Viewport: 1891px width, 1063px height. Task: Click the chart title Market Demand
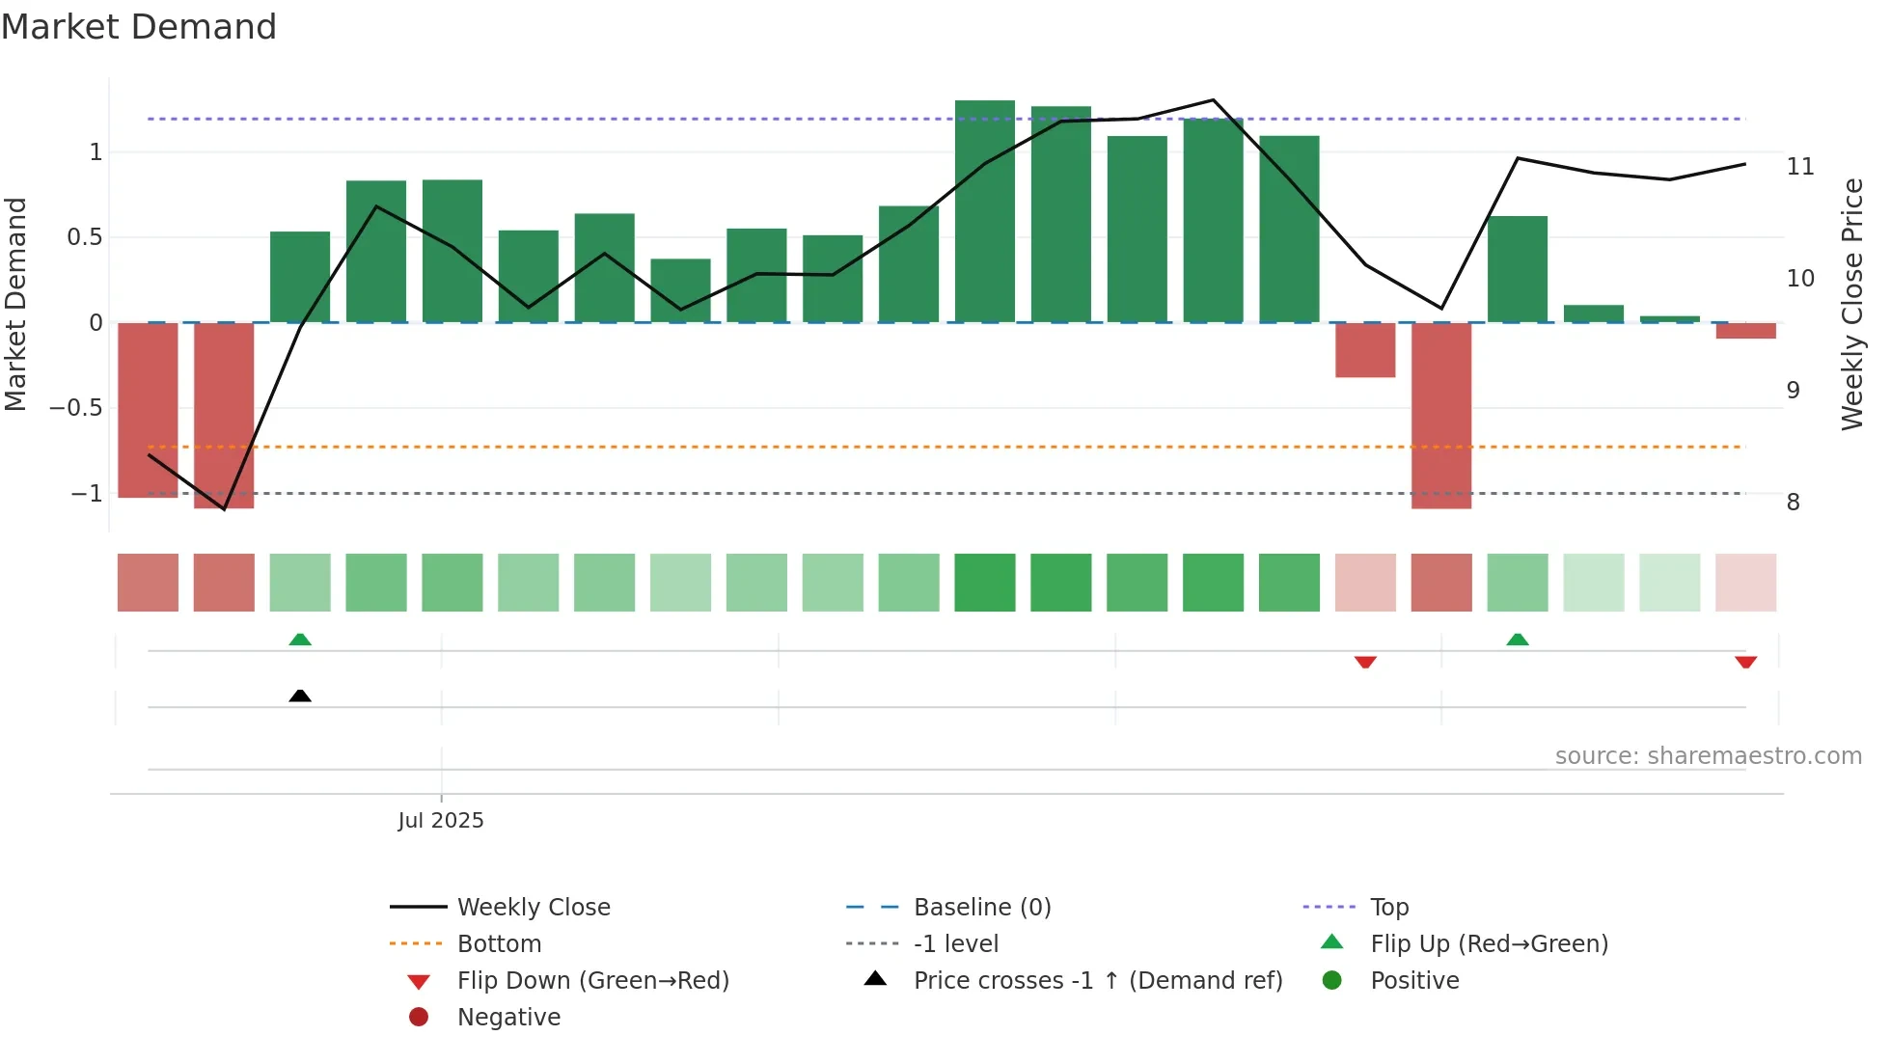139,27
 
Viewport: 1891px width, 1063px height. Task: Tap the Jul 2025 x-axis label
441,821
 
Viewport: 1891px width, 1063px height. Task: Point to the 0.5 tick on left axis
85,237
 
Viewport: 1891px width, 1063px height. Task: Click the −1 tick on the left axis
86,494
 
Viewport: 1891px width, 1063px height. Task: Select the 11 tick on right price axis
1800,167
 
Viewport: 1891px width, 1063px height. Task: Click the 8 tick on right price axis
1793,503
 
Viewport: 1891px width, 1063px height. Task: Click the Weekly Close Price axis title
1852,304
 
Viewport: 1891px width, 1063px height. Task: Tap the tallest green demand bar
985,212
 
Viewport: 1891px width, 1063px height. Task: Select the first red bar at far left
148,410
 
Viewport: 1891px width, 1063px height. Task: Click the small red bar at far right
1745,331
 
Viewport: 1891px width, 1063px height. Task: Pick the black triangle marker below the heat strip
300,695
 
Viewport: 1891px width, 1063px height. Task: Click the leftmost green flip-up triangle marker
300,640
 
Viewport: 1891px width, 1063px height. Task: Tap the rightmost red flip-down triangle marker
1745,662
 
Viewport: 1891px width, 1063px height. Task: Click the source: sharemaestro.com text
1708,756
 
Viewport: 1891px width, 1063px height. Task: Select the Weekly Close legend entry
533,908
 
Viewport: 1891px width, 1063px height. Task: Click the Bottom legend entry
499,944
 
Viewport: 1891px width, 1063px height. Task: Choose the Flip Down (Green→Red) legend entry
592,981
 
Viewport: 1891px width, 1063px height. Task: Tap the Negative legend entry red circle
419,1017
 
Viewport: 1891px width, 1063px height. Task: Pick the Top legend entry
1389,908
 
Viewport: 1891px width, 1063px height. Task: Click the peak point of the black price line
1214,100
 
